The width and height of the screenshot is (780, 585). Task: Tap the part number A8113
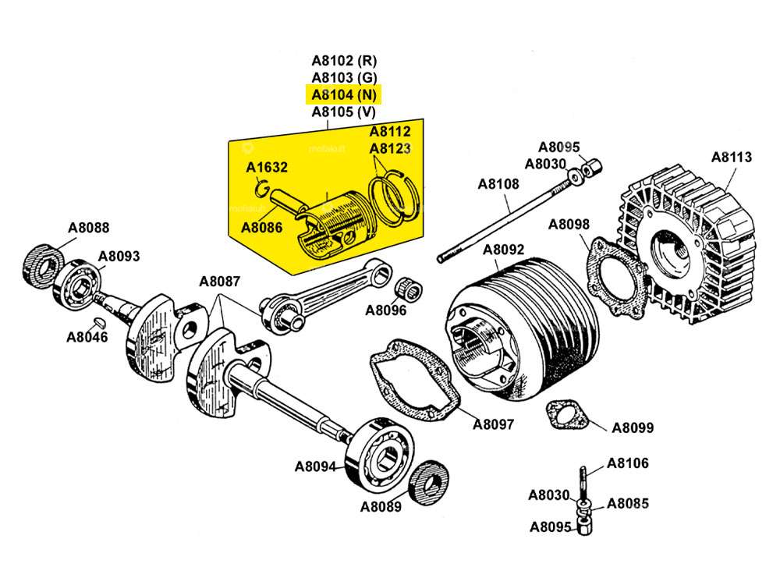coord(731,157)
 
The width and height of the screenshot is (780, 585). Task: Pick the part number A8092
coord(503,250)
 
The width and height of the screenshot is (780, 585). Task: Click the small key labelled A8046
coord(100,322)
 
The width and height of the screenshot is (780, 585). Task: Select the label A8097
coord(493,425)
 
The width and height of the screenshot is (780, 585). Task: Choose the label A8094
coord(315,467)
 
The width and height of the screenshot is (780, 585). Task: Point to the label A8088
coord(88,229)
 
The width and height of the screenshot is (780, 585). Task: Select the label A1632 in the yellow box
coord(267,167)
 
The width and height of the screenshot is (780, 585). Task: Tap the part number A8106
coord(627,463)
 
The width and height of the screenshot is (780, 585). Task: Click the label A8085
coord(628,503)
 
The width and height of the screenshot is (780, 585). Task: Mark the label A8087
coord(220,282)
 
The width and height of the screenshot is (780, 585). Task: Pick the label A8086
coord(262,228)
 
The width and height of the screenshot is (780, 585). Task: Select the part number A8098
coord(569,225)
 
